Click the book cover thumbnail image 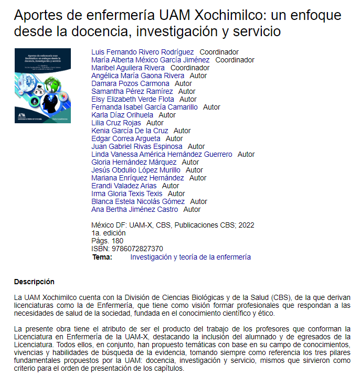(43, 85)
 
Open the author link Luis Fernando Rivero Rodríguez (143, 52)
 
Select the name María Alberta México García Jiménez (150, 60)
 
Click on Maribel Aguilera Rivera (128, 68)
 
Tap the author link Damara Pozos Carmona (130, 83)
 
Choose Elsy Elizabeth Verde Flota (133, 99)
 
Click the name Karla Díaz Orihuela (122, 115)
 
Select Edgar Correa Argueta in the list (126, 138)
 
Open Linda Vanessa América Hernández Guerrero (162, 154)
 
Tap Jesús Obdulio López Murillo (136, 170)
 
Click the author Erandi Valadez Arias (124, 186)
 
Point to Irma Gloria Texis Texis (127, 194)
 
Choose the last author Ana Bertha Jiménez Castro (135, 209)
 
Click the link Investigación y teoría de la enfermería (190, 257)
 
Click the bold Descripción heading (34, 282)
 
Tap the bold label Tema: (102, 257)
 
